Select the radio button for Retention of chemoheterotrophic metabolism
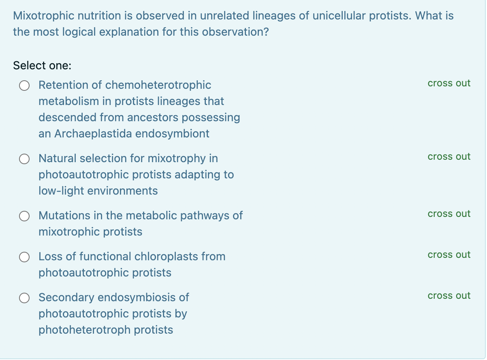coord(25,86)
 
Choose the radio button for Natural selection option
coord(25,159)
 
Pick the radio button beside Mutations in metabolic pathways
coord(25,216)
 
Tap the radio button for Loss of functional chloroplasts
coord(25,257)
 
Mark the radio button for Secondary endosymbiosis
coord(25,298)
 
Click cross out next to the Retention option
coord(449,83)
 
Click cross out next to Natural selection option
coord(449,156)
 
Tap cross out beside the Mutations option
coord(449,214)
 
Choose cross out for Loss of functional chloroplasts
coord(449,255)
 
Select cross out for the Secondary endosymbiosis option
coord(449,296)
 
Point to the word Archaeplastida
coord(93,133)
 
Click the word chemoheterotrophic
coord(158,85)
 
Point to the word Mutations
coord(64,215)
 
